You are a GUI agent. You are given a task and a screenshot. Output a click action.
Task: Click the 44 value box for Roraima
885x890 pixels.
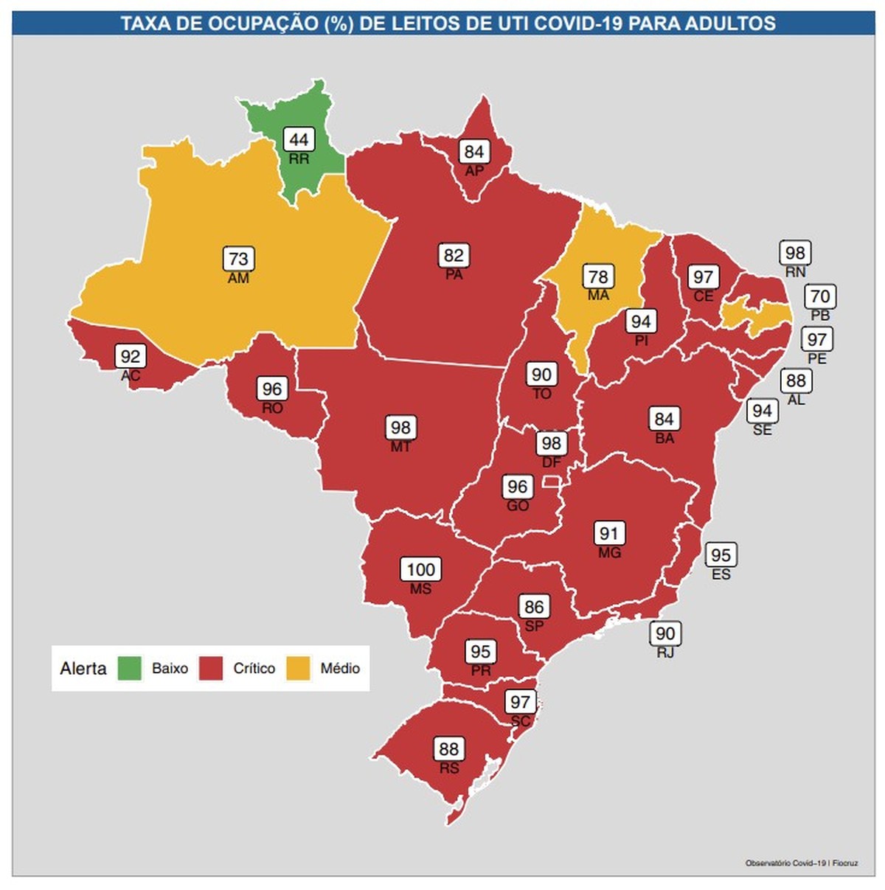299,139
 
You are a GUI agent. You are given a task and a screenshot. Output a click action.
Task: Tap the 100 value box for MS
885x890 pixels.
420,569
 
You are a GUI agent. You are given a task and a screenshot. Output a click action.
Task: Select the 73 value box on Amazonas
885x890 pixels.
238,259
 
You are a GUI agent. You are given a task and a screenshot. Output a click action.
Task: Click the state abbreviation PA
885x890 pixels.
454,274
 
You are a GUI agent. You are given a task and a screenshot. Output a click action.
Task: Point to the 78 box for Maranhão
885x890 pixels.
598,277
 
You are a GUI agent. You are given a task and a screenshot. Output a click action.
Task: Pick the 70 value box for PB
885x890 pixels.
820,296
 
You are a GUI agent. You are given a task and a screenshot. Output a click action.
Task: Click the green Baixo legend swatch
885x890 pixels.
130,668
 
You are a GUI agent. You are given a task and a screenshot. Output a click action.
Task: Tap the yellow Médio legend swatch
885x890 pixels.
298,668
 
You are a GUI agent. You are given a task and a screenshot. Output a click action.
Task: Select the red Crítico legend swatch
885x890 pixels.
211,668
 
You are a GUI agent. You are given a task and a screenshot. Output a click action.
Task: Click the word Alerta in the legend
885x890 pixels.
83,668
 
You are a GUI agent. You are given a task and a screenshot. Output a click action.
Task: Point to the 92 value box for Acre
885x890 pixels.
130,357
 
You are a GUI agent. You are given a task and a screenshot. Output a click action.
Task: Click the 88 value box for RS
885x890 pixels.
448,749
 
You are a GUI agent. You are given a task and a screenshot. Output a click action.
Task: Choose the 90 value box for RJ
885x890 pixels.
664,633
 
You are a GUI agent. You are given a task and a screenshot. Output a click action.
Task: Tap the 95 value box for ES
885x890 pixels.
721,554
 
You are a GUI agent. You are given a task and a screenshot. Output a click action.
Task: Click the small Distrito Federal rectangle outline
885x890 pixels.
551,481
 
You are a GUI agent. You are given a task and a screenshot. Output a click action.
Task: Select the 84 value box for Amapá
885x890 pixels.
473,152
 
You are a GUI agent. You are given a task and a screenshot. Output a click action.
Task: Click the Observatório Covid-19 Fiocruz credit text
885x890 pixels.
801,863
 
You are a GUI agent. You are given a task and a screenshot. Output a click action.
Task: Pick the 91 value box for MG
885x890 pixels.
609,533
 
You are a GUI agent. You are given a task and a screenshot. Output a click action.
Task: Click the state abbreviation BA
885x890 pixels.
664,438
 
